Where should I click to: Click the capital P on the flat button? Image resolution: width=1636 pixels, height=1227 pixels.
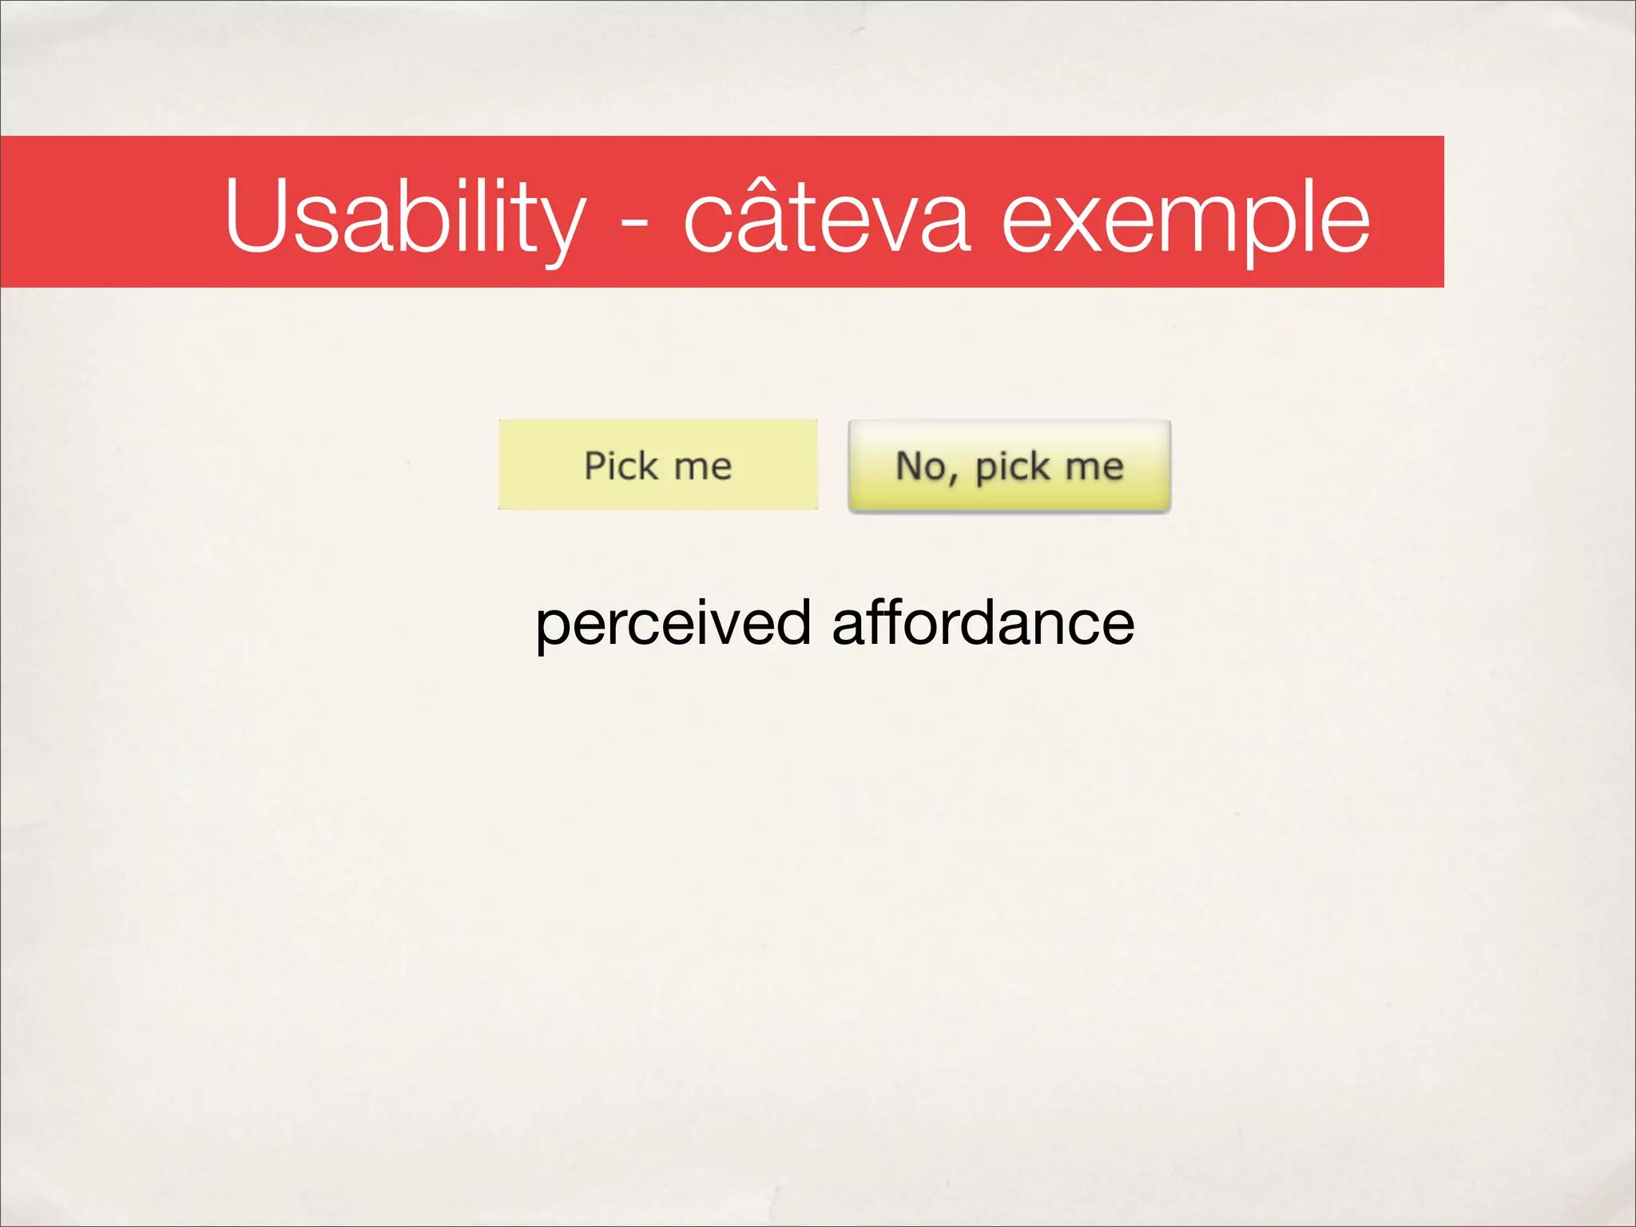597,465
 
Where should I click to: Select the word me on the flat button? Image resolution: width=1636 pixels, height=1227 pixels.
702,467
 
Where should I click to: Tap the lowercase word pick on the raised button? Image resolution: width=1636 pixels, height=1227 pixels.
1012,468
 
